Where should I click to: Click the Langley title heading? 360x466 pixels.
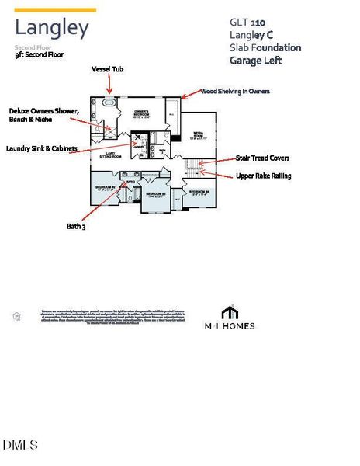pos(52,30)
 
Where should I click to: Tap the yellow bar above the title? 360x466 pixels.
pos(56,10)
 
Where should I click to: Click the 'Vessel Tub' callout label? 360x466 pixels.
pos(108,69)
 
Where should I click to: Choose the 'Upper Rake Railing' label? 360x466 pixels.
pos(263,176)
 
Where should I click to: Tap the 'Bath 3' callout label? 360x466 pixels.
pos(77,227)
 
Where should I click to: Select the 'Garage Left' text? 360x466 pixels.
pos(256,61)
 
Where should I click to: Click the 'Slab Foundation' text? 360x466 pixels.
pos(265,47)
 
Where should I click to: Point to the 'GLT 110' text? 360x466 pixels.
pos(247,23)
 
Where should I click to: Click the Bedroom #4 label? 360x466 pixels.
pos(197,192)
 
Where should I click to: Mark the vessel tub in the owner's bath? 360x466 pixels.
pos(108,103)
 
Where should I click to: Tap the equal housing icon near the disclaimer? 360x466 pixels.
pos(16,316)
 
